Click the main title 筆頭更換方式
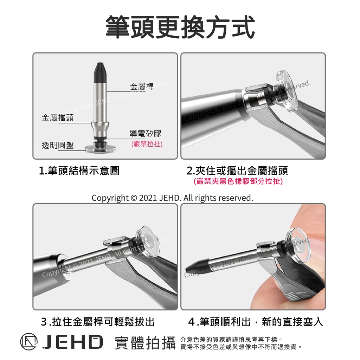click(180, 27)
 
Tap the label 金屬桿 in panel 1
click(142, 86)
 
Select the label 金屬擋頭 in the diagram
click(58, 117)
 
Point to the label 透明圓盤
click(58, 145)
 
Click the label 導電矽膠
click(145, 133)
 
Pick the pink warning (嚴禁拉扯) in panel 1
click(147, 144)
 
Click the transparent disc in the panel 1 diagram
click(100, 149)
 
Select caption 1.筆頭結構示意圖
click(79, 171)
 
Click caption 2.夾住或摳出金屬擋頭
click(237, 171)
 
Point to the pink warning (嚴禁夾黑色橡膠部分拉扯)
click(238, 181)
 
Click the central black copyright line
click(172, 198)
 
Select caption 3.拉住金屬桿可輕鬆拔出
click(98, 322)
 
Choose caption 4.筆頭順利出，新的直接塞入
click(256, 322)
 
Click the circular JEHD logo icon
click(29, 342)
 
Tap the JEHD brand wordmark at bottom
click(73, 342)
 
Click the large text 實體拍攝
click(145, 342)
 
